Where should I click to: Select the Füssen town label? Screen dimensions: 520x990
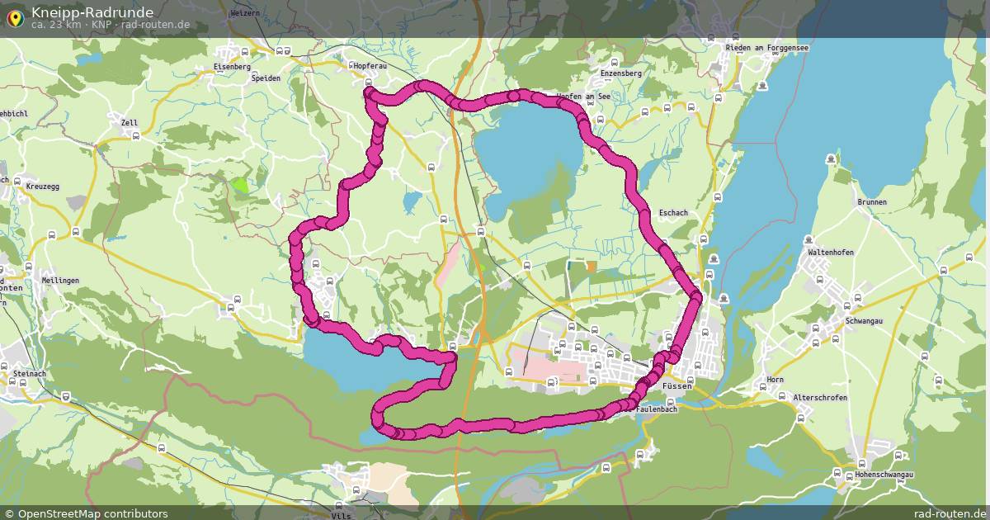676,386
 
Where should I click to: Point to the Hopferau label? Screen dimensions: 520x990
370,65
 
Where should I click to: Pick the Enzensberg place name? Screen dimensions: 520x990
621,73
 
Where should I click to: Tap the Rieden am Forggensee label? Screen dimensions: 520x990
766,48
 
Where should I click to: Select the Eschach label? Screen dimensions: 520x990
673,213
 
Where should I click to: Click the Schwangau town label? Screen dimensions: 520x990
863,321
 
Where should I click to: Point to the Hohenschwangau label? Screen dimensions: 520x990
884,475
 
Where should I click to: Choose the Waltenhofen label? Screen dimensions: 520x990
831,253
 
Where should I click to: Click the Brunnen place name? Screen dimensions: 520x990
872,202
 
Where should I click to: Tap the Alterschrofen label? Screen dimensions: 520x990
819,398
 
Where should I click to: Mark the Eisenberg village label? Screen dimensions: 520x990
232,66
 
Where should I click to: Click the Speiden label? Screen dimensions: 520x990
266,78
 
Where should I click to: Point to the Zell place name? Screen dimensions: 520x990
130,123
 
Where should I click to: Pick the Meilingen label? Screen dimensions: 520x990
60,281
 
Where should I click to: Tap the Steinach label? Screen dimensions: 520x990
30,374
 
